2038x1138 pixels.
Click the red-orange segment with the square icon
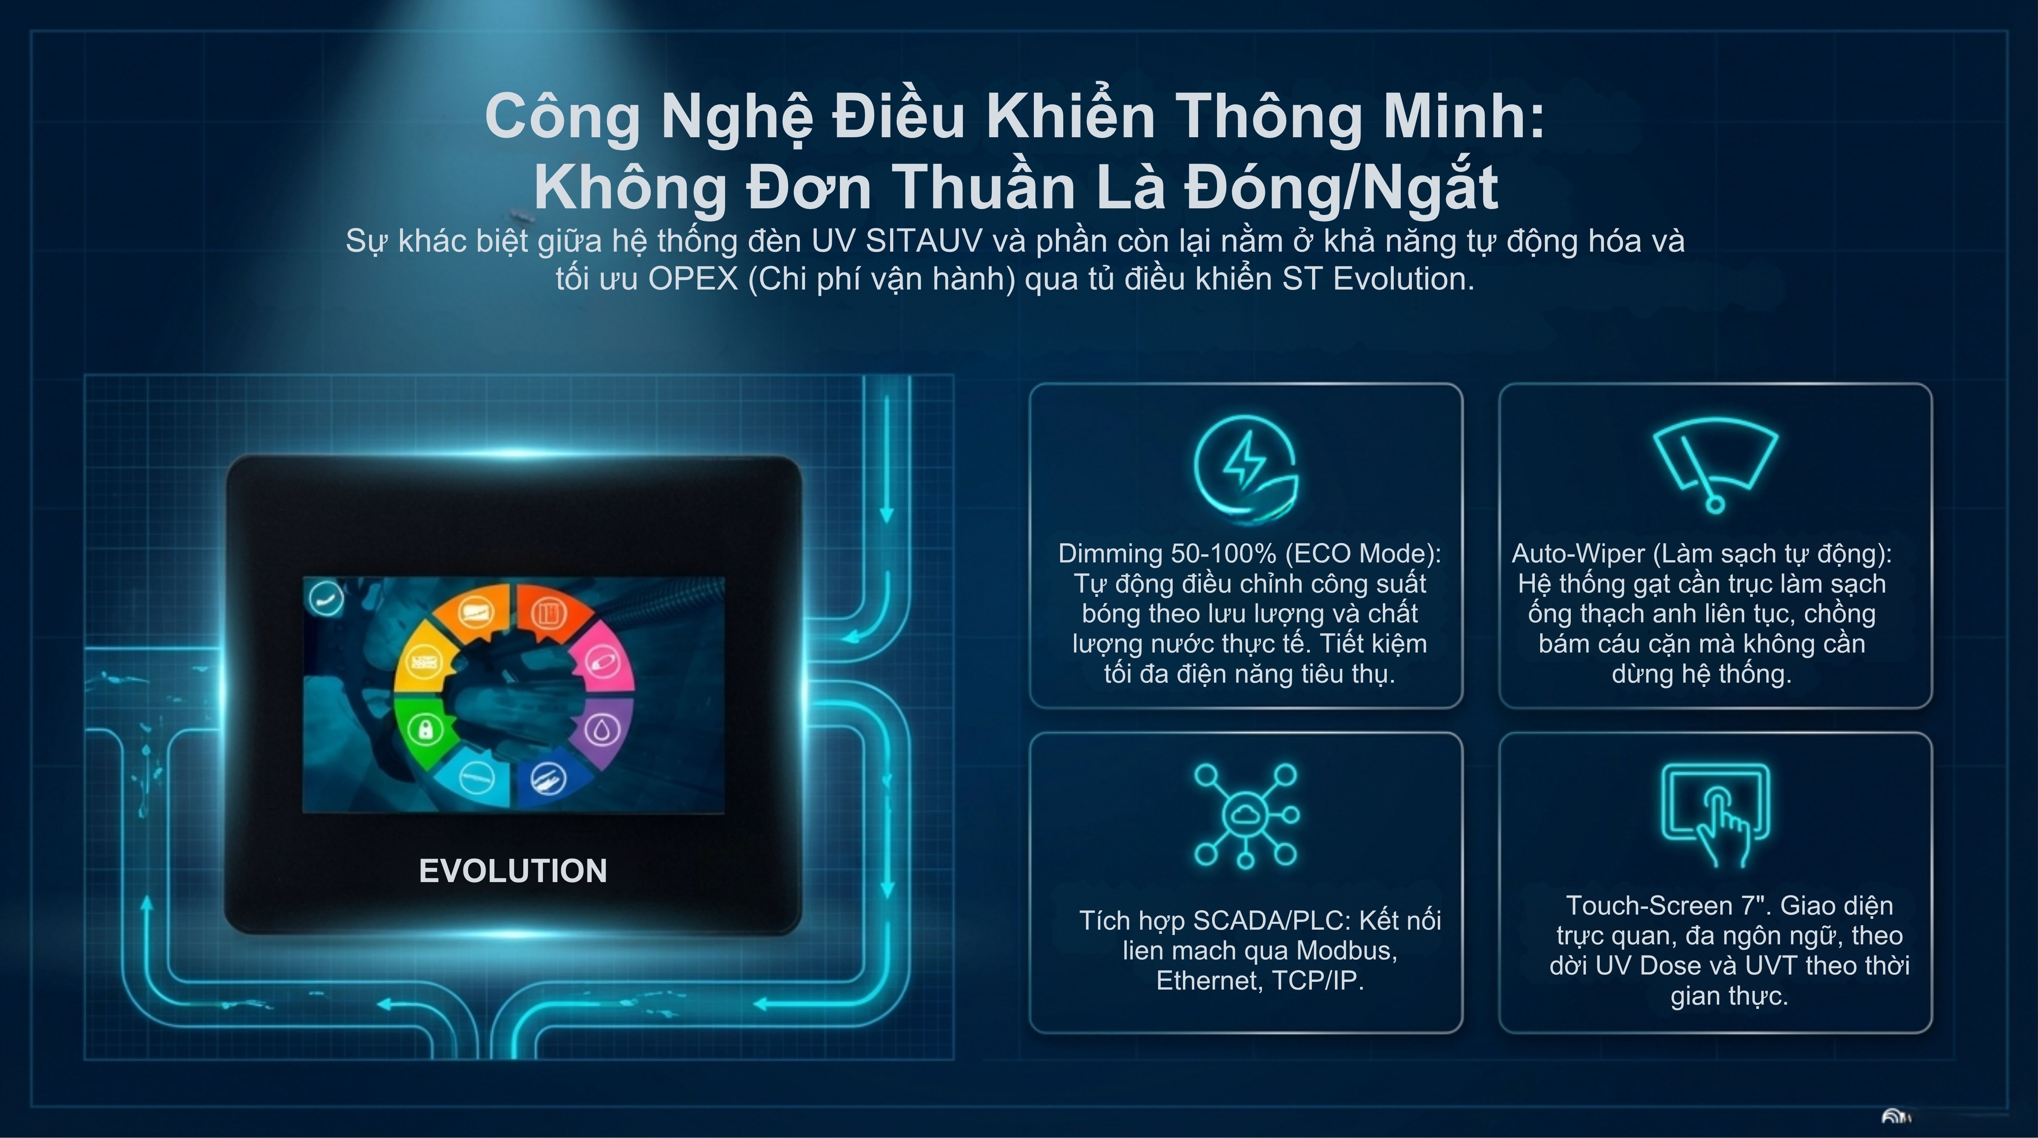550,613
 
